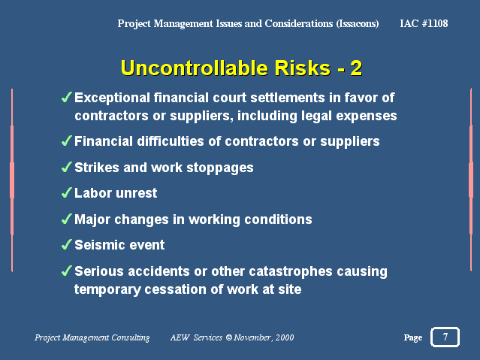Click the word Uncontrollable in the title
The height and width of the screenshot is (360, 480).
pyautogui.click(x=195, y=68)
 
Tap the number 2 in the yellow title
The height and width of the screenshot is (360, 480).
pyautogui.click(x=356, y=68)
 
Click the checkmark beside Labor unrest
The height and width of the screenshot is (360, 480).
pyautogui.click(x=66, y=192)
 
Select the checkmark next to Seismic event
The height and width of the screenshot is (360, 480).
pyautogui.click(x=66, y=244)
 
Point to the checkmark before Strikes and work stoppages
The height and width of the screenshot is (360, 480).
pyautogui.click(x=66, y=167)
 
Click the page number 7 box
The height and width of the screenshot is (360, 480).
pyautogui.click(x=445, y=337)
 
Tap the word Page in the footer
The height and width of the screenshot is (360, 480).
pyautogui.click(x=413, y=337)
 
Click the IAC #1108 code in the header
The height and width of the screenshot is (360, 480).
pyautogui.click(x=424, y=23)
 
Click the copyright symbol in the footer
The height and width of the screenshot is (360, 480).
pyautogui.click(x=228, y=337)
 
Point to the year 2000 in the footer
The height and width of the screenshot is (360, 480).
pyautogui.click(x=285, y=337)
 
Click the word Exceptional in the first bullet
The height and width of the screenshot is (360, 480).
pyautogui.click(x=113, y=98)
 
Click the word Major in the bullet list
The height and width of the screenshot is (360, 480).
pyautogui.click(x=92, y=219)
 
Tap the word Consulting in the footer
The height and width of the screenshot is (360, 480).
pyautogui.click(x=131, y=337)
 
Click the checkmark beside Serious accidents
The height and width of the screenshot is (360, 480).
pyautogui.click(x=66, y=271)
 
